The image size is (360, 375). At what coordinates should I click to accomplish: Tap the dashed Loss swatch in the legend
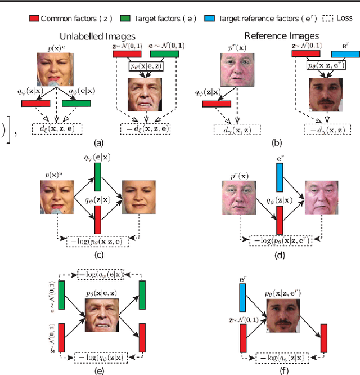tap(330, 17)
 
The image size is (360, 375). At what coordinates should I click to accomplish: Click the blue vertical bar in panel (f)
tap(244, 296)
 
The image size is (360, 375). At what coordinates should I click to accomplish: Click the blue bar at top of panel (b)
tap(347, 54)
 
